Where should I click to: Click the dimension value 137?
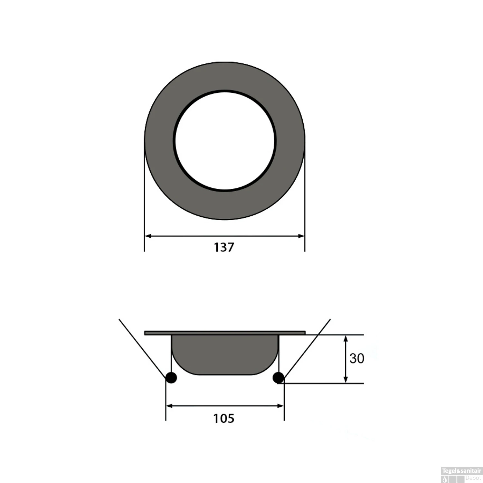(224, 247)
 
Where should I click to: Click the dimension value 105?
(224, 419)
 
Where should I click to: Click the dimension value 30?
(356, 358)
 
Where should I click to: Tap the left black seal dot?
(171, 377)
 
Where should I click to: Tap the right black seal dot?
(278, 377)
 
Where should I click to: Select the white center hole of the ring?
(225, 141)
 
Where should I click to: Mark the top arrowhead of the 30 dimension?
(346, 338)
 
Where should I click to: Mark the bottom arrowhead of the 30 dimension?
(346, 380)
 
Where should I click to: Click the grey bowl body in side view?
(225, 354)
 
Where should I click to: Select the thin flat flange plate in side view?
(225, 333)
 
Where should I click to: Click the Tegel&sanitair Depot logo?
(461, 475)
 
